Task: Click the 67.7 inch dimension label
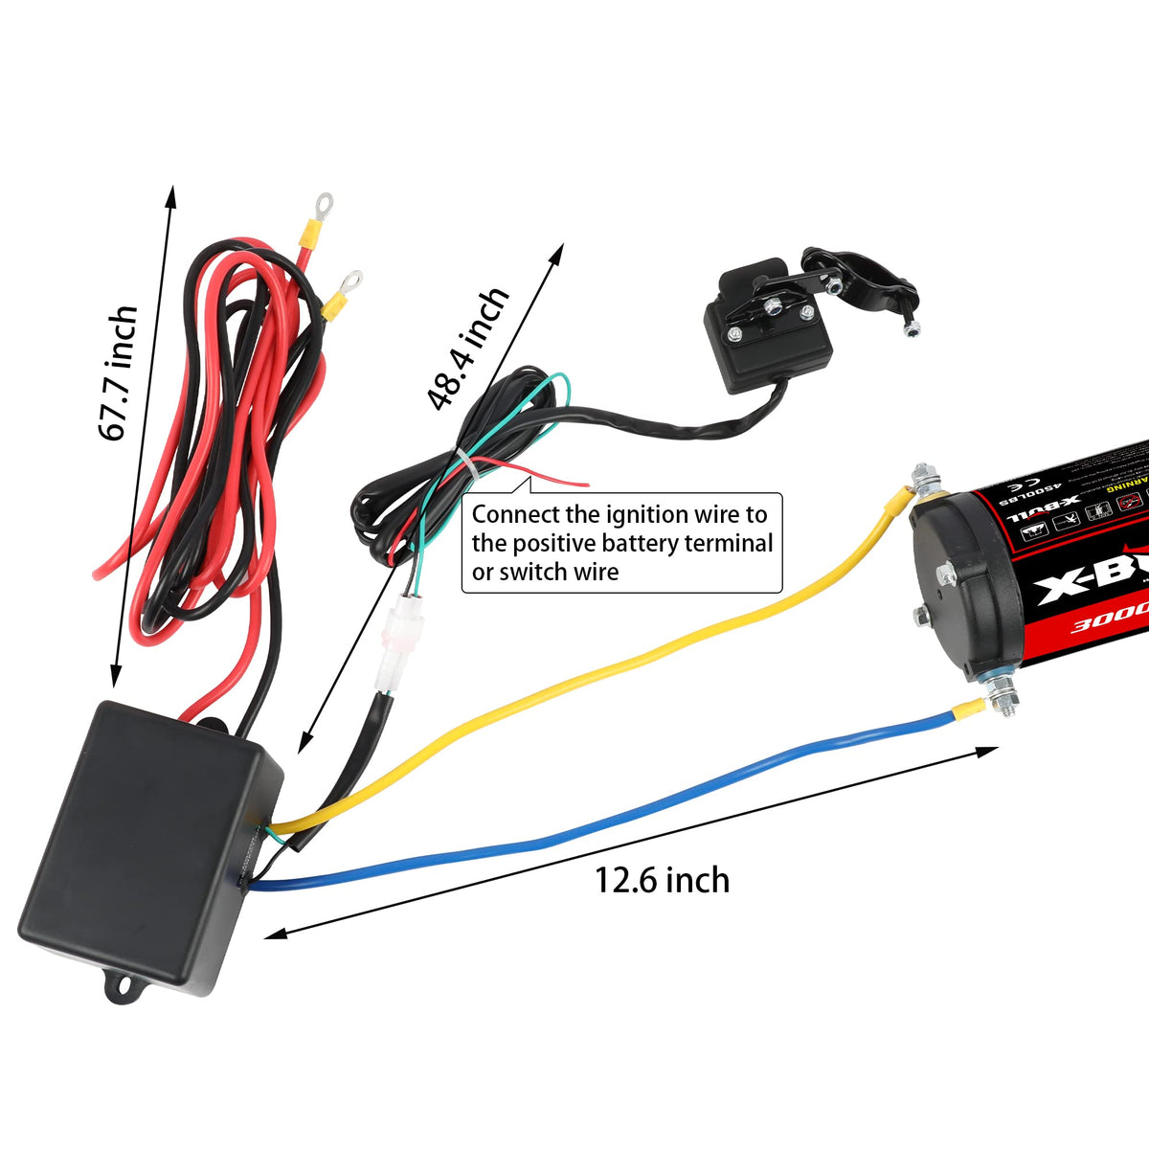[x=119, y=373]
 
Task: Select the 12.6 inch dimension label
[x=662, y=879]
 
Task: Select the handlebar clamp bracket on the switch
[x=862, y=282]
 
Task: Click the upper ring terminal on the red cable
[x=322, y=205]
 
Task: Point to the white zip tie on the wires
[x=464, y=464]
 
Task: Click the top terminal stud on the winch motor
[x=925, y=480]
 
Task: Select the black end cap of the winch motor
[x=957, y=584]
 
